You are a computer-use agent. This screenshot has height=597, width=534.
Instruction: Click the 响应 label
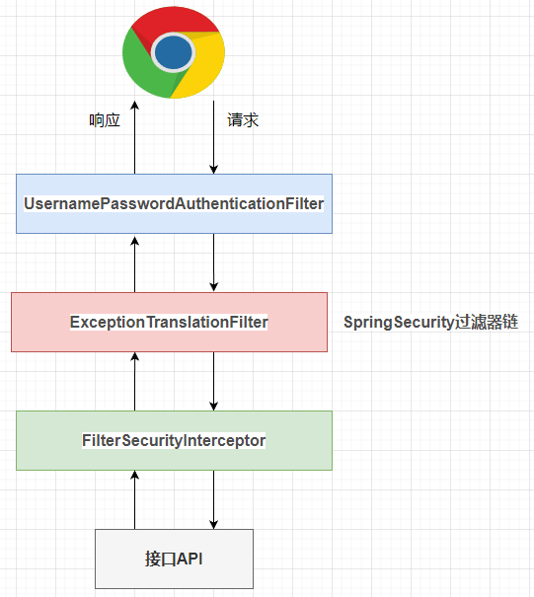[x=105, y=120]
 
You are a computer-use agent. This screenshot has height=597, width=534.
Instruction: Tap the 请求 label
[x=243, y=120]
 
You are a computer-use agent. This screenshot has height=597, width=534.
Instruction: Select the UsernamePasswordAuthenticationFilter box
[x=174, y=203]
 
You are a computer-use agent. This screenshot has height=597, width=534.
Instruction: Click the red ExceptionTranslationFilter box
[x=169, y=322]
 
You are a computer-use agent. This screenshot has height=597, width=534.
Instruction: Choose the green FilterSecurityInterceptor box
[x=174, y=440]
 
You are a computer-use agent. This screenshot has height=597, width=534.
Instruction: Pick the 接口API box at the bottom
[x=174, y=559]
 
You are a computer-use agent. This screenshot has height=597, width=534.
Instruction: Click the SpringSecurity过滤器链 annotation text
[x=430, y=322]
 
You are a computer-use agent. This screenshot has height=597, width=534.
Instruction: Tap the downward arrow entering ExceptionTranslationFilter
[x=213, y=262]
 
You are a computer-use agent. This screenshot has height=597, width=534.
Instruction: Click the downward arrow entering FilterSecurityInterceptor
[x=213, y=381]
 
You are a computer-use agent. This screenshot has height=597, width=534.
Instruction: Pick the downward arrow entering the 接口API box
[x=213, y=499]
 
